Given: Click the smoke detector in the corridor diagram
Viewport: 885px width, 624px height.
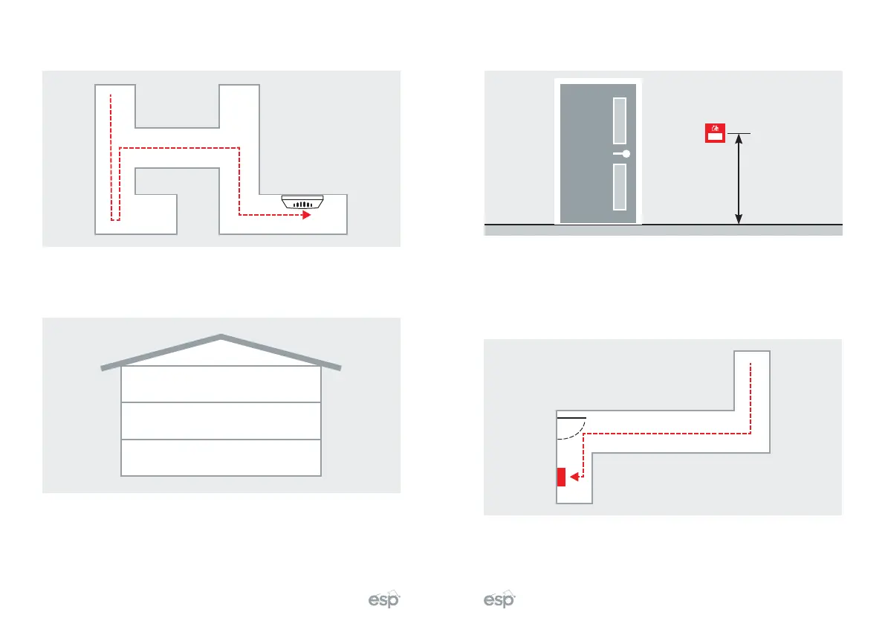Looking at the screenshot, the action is (x=302, y=202).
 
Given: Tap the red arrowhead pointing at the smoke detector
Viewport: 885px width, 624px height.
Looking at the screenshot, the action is (x=305, y=215).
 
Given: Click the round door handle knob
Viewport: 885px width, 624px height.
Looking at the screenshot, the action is (x=626, y=154).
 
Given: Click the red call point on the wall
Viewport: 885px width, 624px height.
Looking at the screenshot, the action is (x=714, y=133).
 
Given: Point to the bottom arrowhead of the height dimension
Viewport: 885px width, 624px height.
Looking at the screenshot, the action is (x=738, y=219).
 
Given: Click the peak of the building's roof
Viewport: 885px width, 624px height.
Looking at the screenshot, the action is (x=221, y=336).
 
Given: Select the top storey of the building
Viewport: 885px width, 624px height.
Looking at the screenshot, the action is (x=221, y=384).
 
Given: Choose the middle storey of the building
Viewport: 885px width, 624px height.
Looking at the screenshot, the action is (x=221, y=420).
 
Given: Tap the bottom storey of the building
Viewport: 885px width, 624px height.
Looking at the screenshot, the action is (x=221, y=457).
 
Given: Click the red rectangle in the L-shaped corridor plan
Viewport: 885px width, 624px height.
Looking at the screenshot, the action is (x=561, y=476).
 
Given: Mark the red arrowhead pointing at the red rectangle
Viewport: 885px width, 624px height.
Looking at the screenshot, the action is (x=573, y=477).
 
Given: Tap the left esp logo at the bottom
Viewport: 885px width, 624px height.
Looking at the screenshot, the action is (x=385, y=600).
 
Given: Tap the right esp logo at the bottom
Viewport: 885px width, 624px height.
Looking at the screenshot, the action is (x=499, y=600).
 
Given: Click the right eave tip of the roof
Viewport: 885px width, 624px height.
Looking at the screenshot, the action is (x=339, y=367).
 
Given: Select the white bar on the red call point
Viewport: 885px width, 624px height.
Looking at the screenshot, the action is (x=714, y=136).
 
